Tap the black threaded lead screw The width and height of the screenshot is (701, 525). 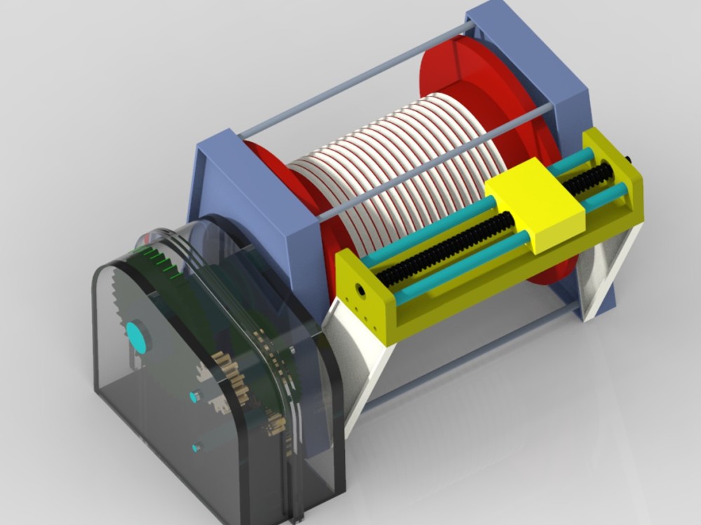449,244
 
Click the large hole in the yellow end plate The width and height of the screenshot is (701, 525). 360,288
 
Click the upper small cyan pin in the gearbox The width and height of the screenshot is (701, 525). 194,397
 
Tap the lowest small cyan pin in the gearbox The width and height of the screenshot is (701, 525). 197,446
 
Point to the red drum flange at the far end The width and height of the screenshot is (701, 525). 484,91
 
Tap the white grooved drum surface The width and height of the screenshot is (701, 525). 393,161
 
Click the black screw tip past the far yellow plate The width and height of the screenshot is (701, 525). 628,160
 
